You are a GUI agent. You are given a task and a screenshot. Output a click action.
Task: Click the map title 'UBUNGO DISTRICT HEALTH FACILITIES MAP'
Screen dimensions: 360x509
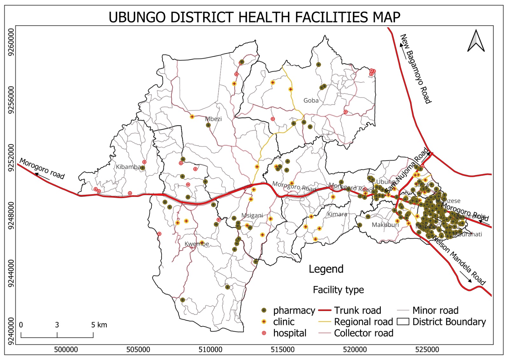(x=254, y=17)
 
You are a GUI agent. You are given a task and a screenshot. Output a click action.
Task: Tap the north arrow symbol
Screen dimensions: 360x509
(x=476, y=41)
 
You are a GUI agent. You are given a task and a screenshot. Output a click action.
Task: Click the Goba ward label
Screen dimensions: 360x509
(x=311, y=101)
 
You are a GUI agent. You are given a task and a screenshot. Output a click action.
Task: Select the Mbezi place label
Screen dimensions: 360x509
(x=213, y=119)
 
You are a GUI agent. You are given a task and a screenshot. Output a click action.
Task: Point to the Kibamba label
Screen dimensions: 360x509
(x=128, y=167)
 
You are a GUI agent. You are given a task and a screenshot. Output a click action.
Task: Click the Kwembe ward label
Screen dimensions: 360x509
(x=197, y=244)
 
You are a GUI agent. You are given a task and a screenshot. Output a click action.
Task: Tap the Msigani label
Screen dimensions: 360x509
(x=252, y=215)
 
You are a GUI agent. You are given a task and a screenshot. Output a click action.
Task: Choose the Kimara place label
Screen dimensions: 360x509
(x=337, y=214)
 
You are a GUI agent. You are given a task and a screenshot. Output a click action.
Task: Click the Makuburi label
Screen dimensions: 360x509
(x=385, y=225)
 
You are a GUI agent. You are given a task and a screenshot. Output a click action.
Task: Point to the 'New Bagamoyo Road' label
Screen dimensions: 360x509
(x=415, y=69)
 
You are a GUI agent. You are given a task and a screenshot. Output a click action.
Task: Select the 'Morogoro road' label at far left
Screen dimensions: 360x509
(x=42, y=168)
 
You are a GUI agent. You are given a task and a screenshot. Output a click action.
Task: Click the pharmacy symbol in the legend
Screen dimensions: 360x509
(x=264, y=310)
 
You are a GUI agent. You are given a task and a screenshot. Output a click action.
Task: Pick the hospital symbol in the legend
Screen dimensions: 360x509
(x=264, y=333)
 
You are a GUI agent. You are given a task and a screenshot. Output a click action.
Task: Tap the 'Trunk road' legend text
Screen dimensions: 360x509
(x=357, y=310)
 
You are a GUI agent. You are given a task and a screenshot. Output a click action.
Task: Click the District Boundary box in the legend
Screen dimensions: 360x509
(x=403, y=322)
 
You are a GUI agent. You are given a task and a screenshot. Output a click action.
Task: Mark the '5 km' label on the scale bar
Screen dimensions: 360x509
(x=99, y=325)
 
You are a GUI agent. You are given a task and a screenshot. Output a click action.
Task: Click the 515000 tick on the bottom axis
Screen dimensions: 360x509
(x=282, y=349)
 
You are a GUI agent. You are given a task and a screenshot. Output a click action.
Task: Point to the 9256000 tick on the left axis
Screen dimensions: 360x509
(x=11, y=100)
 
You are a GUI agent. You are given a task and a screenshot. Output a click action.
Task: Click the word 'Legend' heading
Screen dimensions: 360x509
(x=326, y=269)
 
